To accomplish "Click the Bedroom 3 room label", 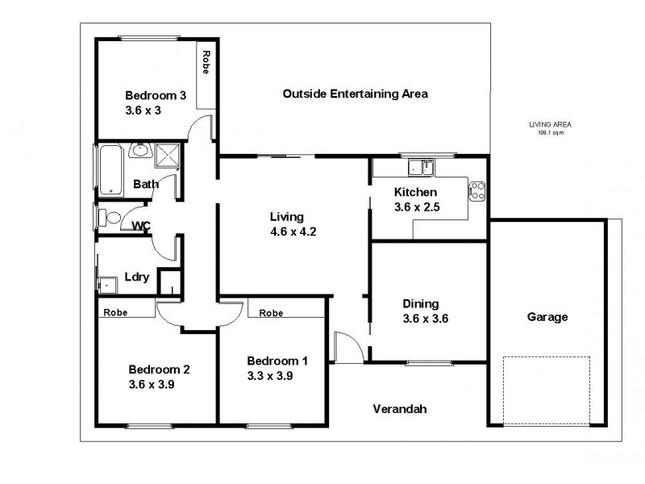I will tap(156, 95).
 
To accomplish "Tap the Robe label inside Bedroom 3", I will tap(206, 62).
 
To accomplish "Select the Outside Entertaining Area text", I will tap(355, 94).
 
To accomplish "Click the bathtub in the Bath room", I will tap(109, 170).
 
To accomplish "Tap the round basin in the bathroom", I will tap(140, 149).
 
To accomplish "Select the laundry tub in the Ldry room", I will tap(106, 284).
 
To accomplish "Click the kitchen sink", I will tap(420, 168).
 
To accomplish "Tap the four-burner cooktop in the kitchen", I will tap(476, 191).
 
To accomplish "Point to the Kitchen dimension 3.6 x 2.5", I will tap(415, 207).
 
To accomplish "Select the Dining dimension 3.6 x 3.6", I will tap(425, 318).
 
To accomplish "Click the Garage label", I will tap(547, 317).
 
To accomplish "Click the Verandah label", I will tap(399, 409).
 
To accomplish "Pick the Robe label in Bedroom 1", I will tap(271, 313).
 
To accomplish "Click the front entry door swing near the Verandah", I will tap(345, 347).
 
